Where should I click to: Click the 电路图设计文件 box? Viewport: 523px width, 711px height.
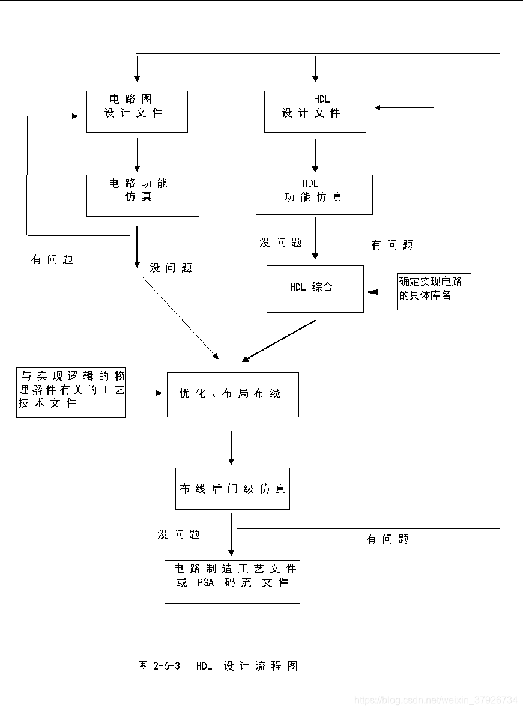click(x=137, y=112)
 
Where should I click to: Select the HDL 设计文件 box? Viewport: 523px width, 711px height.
click(x=315, y=112)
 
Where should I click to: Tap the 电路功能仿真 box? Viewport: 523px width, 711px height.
click(x=142, y=195)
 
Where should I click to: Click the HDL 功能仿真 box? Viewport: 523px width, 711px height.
click(x=314, y=195)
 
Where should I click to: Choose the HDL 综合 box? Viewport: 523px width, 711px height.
click(x=315, y=289)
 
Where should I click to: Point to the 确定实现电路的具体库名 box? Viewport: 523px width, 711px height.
click(x=434, y=292)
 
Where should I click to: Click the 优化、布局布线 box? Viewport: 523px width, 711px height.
click(x=232, y=394)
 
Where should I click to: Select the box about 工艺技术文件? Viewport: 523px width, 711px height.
click(x=71, y=392)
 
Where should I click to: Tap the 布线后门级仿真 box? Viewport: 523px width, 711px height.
click(x=232, y=489)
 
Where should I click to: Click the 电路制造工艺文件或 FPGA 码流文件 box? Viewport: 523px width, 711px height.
click(x=232, y=581)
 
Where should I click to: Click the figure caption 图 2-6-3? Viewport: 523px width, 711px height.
click(x=217, y=666)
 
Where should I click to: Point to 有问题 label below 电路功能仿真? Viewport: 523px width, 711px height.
click(x=52, y=260)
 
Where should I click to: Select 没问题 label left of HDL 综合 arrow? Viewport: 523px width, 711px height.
click(x=280, y=243)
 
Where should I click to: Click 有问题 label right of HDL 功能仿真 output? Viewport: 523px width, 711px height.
click(x=391, y=245)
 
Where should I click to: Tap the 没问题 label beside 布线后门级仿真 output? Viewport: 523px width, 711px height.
click(x=178, y=534)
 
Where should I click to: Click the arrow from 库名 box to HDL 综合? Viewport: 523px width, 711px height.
click(x=376, y=292)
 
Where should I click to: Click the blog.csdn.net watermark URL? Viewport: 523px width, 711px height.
click(x=435, y=700)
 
